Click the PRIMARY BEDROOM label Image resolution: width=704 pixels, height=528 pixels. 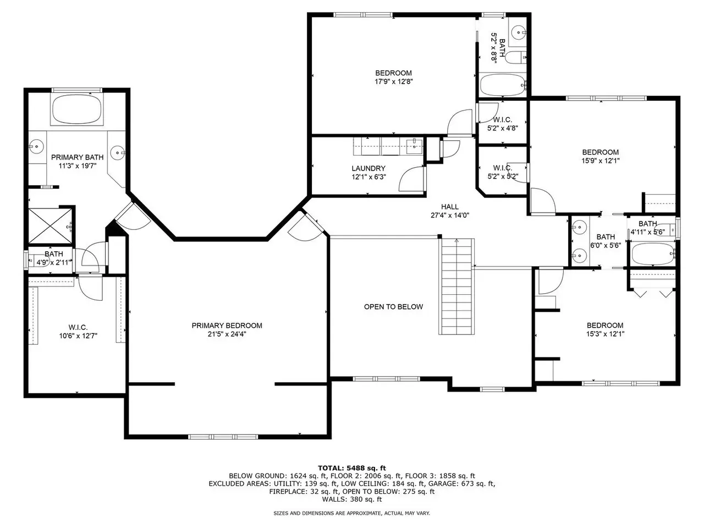click(227, 326)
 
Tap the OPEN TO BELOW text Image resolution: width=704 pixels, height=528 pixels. click(393, 307)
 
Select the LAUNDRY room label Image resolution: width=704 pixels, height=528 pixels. click(369, 168)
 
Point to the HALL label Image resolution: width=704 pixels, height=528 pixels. click(450, 207)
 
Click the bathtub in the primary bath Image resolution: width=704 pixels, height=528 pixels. click(77, 109)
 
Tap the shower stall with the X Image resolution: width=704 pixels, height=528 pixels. click(51, 226)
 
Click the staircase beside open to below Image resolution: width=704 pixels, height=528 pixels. click(457, 287)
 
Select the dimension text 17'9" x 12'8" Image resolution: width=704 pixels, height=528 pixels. click(394, 81)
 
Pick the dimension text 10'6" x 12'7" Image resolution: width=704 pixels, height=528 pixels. click(78, 335)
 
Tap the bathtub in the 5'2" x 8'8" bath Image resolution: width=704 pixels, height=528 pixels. click(503, 85)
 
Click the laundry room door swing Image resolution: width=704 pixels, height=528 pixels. click(411, 179)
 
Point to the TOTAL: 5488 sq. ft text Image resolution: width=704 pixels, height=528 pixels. click(352, 468)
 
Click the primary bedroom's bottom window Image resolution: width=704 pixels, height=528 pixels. click(223, 437)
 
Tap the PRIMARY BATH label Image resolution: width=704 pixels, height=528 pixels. click(78, 157)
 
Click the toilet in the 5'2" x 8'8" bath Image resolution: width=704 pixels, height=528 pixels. click(515, 58)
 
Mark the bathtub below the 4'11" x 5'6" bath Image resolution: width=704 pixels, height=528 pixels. click(653, 254)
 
